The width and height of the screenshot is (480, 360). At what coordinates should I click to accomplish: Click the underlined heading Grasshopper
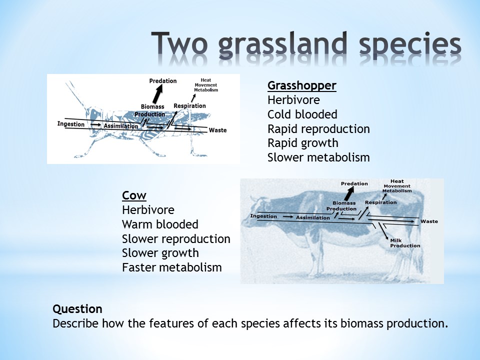pos(302,86)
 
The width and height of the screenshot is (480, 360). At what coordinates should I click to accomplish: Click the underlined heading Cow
pos(134,195)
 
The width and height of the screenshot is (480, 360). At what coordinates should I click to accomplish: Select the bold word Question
pos(77,309)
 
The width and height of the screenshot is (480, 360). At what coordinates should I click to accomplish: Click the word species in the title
pos(410,46)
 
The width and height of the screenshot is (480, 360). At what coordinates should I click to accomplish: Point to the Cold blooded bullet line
pos(302,114)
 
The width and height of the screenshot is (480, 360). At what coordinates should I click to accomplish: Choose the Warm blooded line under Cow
pos(160,224)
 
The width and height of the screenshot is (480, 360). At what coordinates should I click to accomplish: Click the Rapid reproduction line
pos(318,129)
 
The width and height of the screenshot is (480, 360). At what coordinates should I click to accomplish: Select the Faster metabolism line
pos(171,267)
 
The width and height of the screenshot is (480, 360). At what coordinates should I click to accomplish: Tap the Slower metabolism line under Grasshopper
pos(318,157)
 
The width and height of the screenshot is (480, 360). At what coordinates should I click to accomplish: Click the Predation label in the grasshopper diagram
pos(163,81)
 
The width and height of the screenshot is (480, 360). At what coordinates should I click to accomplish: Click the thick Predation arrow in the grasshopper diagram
pos(157,94)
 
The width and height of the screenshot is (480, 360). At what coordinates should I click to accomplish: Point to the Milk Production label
pos(405,243)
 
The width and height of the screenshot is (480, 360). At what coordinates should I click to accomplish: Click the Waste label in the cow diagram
pos(429,221)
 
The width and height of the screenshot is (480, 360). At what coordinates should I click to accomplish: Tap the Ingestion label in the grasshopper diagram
pos(70,124)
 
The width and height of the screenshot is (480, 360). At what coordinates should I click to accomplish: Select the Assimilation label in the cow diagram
pos(313,217)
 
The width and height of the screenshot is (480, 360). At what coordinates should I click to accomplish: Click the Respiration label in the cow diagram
pos(381,202)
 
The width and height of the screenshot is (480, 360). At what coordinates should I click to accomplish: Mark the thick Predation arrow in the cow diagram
pos(348,194)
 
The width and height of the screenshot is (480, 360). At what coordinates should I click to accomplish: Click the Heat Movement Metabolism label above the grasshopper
pos(206,85)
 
